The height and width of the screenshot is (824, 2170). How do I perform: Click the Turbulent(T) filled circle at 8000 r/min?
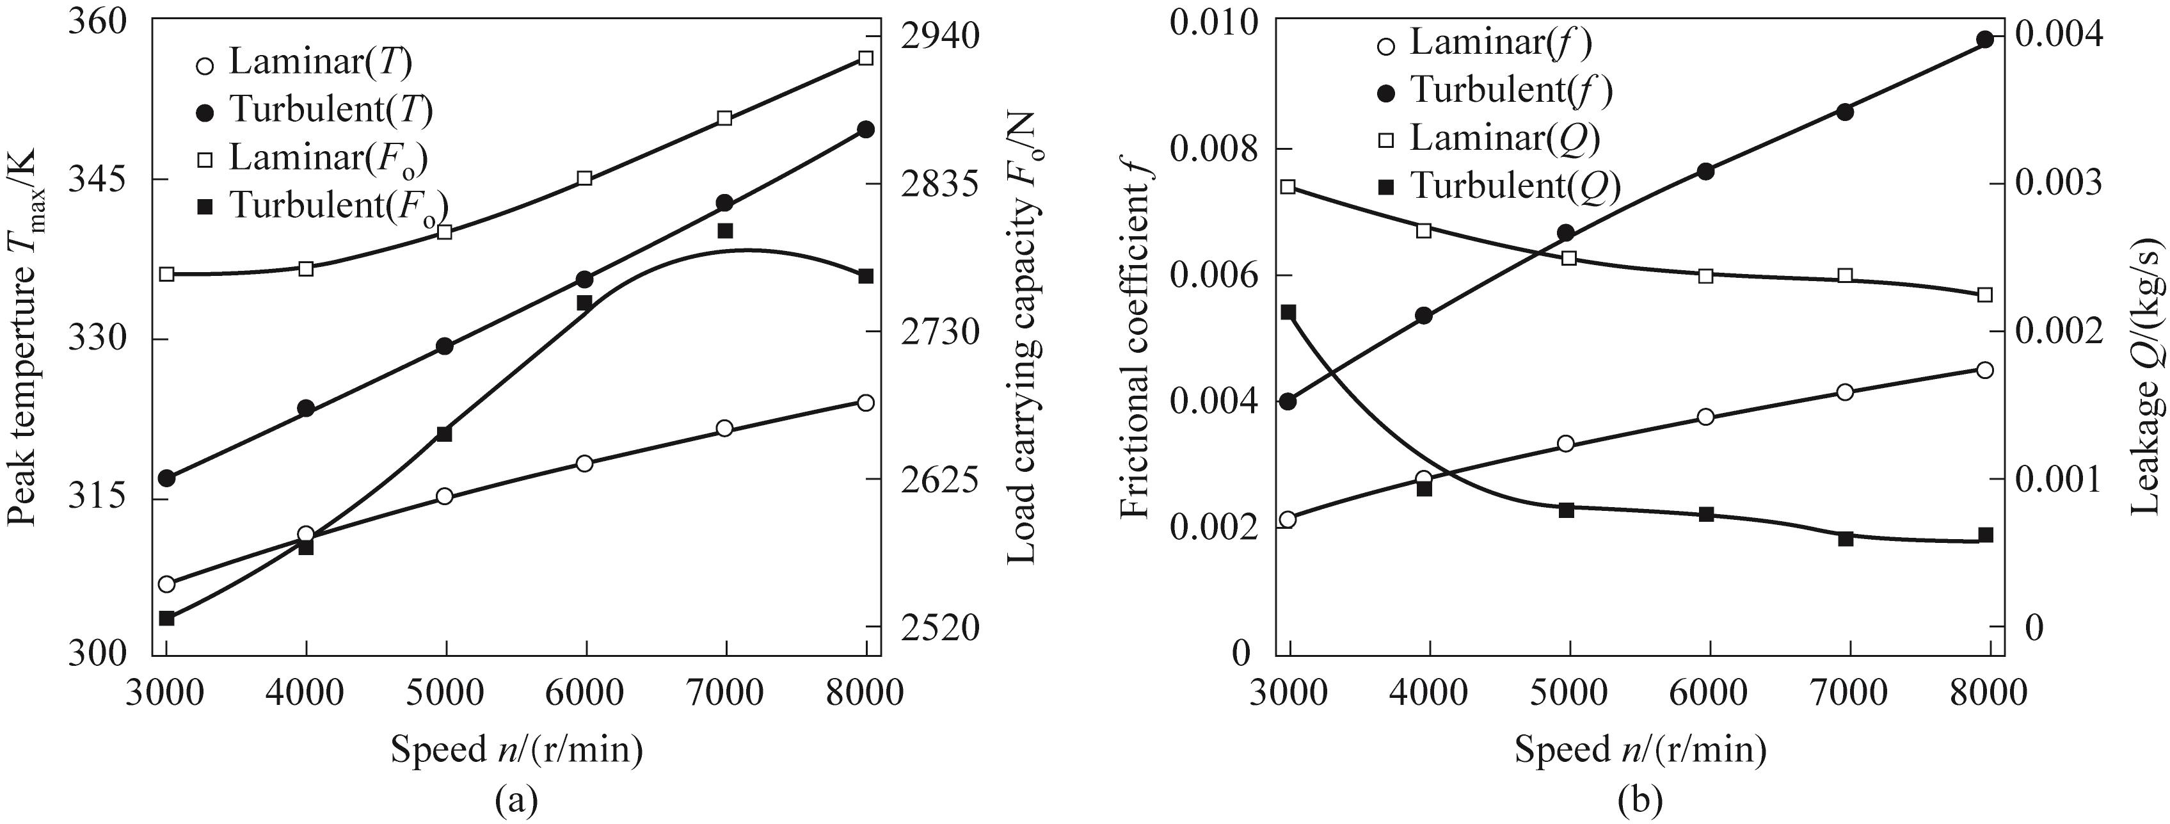pos(865,129)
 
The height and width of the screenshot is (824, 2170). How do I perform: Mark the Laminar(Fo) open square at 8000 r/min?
pos(865,57)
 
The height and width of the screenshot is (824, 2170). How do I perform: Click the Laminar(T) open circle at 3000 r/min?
pos(166,584)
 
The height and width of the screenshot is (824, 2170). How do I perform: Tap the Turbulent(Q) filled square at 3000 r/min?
pos(1288,312)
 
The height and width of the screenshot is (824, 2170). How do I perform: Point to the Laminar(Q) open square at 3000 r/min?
pos(1288,186)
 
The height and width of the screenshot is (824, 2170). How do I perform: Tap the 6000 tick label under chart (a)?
pos(585,693)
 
